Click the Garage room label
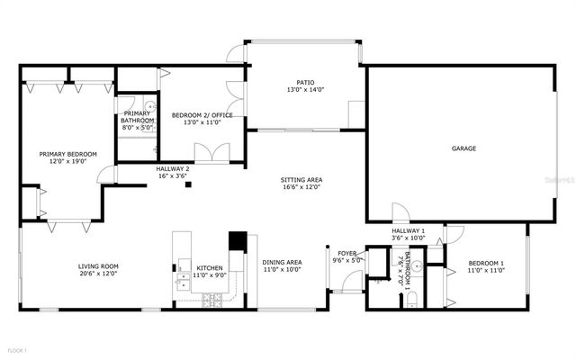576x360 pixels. click(x=463, y=148)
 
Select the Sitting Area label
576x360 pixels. click(x=302, y=180)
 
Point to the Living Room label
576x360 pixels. click(x=98, y=265)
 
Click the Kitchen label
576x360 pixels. click(x=210, y=268)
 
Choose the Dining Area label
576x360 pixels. click(x=282, y=262)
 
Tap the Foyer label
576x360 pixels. click(x=348, y=253)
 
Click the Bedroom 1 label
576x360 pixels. click(x=485, y=264)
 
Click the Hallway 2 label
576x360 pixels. click(x=173, y=168)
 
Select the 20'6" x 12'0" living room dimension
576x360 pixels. click(x=98, y=274)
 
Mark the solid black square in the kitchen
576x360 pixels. click(x=238, y=241)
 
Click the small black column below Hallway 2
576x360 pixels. click(x=188, y=185)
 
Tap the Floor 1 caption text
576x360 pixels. click(x=18, y=349)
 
